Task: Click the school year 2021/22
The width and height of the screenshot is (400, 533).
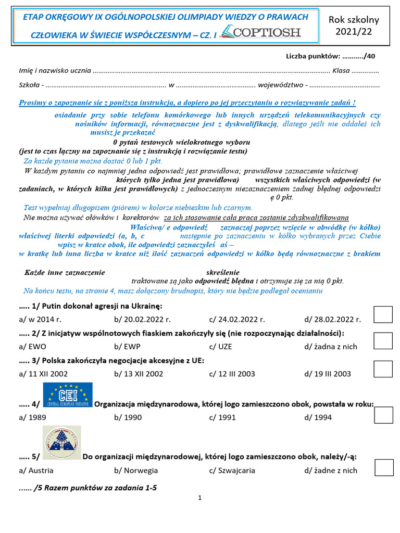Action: (354, 26)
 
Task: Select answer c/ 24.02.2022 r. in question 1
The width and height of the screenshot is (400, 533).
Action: (237, 319)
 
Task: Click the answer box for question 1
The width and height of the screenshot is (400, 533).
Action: (384, 315)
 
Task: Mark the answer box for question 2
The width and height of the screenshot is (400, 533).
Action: (384, 341)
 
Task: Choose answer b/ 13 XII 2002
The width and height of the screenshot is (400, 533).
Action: (138, 374)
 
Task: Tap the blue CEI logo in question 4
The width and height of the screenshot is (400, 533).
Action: (68, 394)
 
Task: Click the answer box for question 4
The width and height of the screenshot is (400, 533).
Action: (384, 415)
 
